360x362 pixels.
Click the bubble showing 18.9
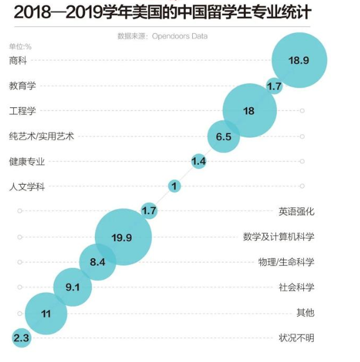point(299,60)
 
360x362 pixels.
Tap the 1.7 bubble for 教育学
point(274,86)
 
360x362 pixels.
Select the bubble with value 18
point(250,110)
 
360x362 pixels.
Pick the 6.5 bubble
point(223,136)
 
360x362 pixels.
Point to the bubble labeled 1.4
point(199,162)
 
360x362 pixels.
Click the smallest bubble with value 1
point(175,186)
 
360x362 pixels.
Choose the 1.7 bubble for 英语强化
point(148,211)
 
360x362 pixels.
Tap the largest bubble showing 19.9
point(123,237)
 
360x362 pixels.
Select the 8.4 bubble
point(97,262)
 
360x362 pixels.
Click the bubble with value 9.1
point(72,287)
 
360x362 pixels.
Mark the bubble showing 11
point(46,313)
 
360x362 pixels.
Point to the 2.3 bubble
point(21,338)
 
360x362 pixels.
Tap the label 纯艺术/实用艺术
point(41,136)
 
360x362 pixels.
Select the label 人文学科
point(27,186)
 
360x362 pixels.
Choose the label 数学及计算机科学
point(278,237)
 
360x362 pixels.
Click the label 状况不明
point(296,338)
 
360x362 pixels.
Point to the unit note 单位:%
point(20,46)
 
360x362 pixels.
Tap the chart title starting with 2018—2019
point(155,12)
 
